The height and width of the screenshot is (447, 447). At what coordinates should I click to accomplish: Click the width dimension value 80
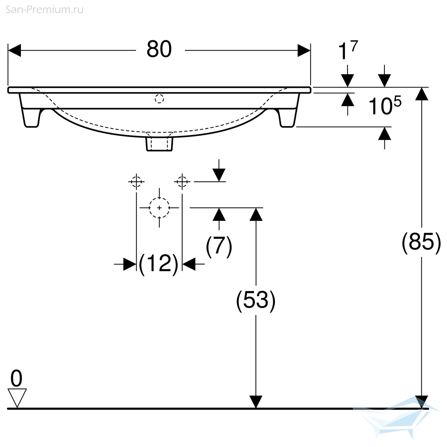(x=159, y=49)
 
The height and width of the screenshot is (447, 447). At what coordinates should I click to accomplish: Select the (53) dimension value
(x=256, y=300)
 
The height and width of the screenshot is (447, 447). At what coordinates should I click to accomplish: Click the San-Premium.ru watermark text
(x=44, y=10)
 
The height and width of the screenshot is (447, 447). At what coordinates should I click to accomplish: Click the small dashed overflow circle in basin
(x=159, y=99)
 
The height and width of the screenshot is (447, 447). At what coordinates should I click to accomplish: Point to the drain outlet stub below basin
(x=159, y=143)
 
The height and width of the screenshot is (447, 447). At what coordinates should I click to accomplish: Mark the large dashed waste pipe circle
(x=159, y=207)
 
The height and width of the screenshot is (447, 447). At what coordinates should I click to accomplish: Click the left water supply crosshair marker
(x=136, y=181)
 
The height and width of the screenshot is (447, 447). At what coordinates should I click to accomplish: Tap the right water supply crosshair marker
(x=182, y=181)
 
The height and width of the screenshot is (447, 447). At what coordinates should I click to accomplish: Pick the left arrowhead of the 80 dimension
(x=15, y=50)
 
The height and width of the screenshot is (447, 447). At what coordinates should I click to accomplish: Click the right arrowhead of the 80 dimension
(x=304, y=50)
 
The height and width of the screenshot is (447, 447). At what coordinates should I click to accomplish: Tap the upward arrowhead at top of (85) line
(x=421, y=94)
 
